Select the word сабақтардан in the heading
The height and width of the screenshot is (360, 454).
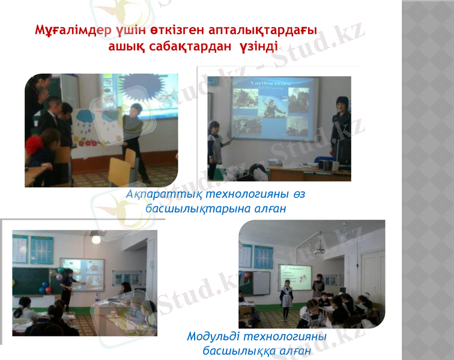(x=192, y=46)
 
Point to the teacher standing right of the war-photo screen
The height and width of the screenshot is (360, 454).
(x=341, y=132)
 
